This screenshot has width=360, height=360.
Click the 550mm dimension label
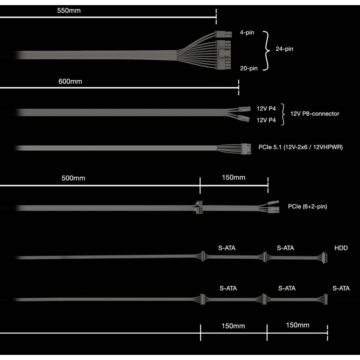point(69,10)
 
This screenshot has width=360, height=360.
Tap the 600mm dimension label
point(70,82)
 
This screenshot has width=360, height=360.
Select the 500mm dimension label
point(73,178)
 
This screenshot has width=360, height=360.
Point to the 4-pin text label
point(247,32)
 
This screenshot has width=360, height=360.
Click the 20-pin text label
point(249,68)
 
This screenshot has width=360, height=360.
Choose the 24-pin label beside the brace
point(284,49)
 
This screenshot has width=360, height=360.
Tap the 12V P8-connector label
point(315,114)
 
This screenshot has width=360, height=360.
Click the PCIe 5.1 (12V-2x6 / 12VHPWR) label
point(301,147)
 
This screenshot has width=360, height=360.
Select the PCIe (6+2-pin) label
point(307,206)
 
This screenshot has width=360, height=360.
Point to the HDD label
point(341,248)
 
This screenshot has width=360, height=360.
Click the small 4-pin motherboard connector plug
point(223,34)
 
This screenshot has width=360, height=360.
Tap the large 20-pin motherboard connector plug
point(223,55)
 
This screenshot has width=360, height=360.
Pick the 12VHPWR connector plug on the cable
point(246,149)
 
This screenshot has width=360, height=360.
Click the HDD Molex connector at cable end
point(325,258)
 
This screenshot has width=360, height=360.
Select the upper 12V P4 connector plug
point(244,109)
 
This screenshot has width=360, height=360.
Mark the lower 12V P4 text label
point(266,120)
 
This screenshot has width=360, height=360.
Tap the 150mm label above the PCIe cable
point(233,178)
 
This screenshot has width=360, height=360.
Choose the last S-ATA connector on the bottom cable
point(325,299)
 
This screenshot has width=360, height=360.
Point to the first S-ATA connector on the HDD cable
point(203,256)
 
